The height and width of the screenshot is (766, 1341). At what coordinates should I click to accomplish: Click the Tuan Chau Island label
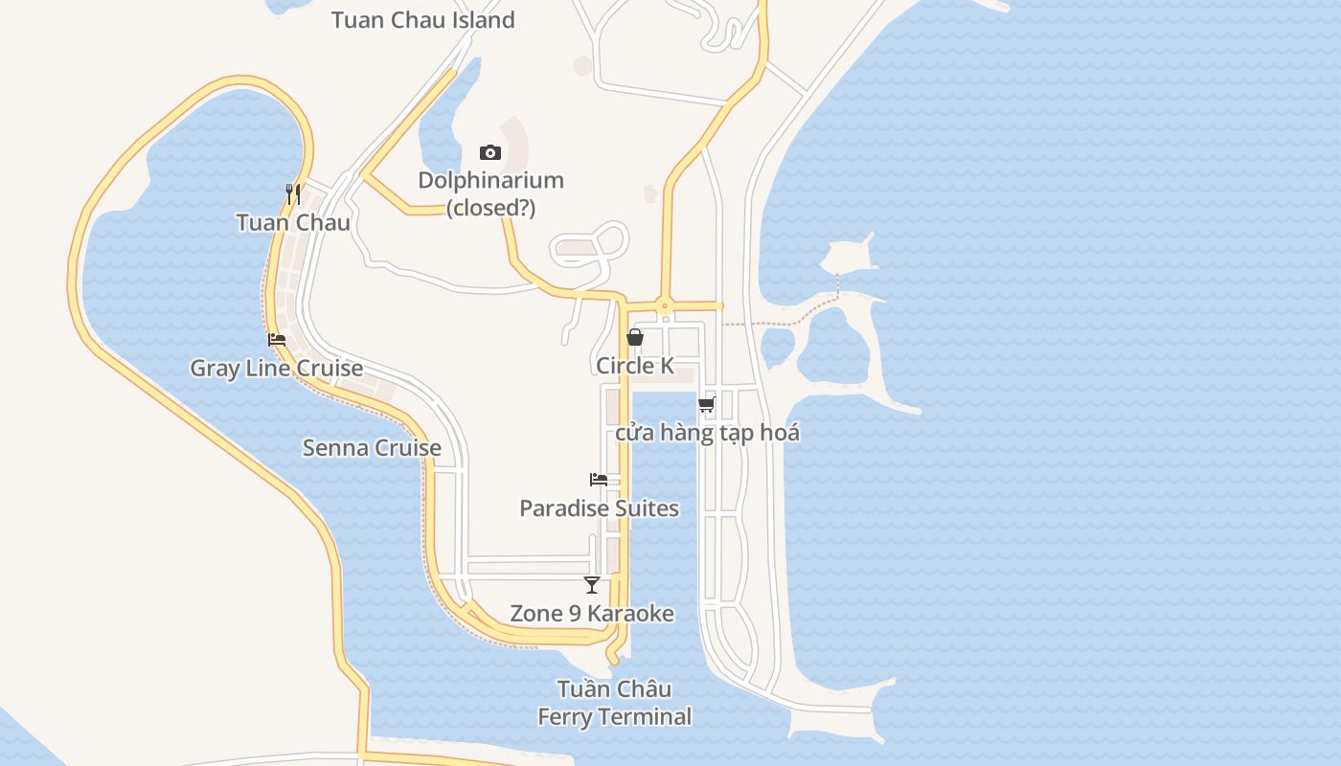[x=422, y=20]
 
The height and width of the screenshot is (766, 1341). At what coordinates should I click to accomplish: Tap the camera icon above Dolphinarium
[x=490, y=152]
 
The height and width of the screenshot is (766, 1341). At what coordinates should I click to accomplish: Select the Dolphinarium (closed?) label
[x=490, y=193]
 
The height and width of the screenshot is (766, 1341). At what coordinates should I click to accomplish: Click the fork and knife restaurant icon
[x=293, y=194]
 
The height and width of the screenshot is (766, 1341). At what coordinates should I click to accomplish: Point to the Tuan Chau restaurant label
[x=293, y=223]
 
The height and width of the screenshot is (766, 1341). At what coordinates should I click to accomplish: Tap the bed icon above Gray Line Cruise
[x=277, y=340]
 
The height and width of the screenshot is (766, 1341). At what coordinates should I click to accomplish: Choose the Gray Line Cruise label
[x=276, y=369]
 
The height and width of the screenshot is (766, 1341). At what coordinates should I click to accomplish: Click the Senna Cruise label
[x=372, y=448]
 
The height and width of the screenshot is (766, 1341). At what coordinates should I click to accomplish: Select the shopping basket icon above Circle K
[x=635, y=337]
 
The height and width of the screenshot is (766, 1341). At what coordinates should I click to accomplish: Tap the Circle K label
[x=635, y=366]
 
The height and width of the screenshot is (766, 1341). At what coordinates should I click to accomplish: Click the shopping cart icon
[x=707, y=404]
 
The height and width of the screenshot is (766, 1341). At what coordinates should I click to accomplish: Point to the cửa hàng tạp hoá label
[x=707, y=433]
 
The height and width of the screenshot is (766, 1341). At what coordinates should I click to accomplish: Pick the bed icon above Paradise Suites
[x=599, y=480]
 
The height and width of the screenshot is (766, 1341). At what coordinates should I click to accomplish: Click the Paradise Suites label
[x=599, y=508]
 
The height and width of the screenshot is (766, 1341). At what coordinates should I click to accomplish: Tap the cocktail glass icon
[x=592, y=585]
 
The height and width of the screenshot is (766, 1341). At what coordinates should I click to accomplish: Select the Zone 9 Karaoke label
[x=592, y=614]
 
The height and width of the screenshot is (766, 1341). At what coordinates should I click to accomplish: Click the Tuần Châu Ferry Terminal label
[x=614, y=703]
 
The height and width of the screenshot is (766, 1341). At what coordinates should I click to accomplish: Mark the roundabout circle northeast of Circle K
[x=665, y=306]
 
